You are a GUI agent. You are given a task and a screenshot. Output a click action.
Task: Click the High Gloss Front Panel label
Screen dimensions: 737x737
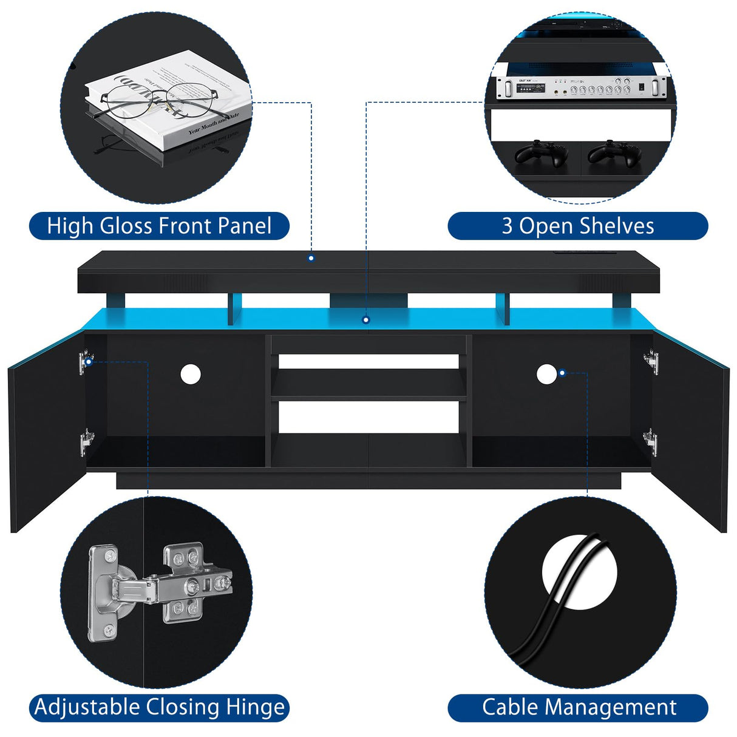tap(159, 226)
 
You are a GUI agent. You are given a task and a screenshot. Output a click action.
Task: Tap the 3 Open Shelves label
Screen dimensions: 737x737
tap(577, 226)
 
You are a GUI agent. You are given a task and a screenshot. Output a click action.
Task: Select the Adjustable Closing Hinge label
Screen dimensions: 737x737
tap(159, 707)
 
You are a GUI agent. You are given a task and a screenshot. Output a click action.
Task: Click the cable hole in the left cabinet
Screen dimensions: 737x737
tap(190, 374)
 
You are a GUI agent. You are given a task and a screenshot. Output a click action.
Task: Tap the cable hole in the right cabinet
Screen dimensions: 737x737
tap(546, 374)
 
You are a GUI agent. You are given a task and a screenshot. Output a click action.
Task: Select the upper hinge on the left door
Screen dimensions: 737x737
tap(86, 362)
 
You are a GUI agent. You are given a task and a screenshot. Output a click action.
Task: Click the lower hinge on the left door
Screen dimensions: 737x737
tap(86, 441)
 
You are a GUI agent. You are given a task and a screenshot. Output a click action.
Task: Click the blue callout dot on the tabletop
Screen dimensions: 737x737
tap(311, 258)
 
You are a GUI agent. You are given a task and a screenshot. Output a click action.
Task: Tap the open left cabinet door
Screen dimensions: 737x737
tap(46, 431)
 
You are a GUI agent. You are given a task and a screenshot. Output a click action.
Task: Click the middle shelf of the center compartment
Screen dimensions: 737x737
tap(368, 384)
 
